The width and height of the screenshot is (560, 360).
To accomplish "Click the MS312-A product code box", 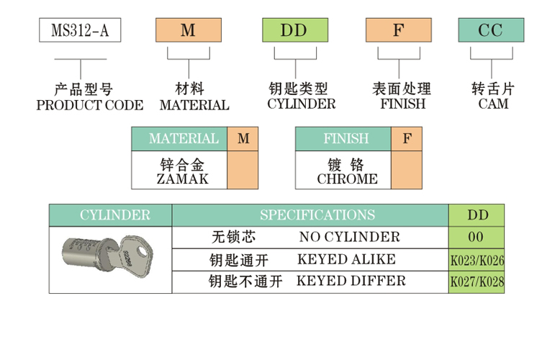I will point(78,30).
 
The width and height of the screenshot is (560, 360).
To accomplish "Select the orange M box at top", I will point(187,30).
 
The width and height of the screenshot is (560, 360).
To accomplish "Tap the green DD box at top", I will point(294,30).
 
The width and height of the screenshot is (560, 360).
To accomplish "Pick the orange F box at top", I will point(398,30).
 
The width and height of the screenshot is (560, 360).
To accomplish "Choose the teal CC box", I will point(492,30).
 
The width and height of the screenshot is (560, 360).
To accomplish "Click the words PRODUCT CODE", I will point(89,105).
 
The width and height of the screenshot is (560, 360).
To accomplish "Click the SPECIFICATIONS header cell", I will point(317,215).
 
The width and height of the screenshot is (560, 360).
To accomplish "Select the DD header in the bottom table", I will point(477,215).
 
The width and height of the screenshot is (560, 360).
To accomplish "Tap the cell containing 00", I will point(476,237).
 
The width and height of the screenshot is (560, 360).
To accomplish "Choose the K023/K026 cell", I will point(477,259).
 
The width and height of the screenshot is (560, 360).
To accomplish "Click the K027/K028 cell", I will point(477,282).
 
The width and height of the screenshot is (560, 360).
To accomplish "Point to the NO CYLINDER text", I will point(349,237).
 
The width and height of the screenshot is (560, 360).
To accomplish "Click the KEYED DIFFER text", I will point(351,281).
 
